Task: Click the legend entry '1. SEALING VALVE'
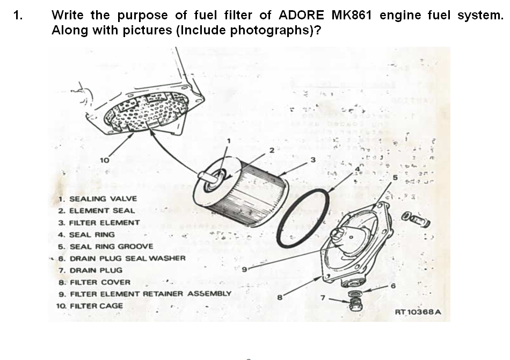[x=98, y=199]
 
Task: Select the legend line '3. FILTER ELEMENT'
[x=99, y=222]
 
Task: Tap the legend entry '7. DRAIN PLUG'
[x=90, y=270]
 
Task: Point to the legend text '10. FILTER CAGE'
[x=89, y=306]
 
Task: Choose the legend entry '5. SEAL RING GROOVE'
[x=105, y=246]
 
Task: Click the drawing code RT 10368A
[x=418, y=312]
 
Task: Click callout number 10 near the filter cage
[x=105, y=160]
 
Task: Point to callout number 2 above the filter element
[x=272, y=150]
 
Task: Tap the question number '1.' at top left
[x=18, y=15]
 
